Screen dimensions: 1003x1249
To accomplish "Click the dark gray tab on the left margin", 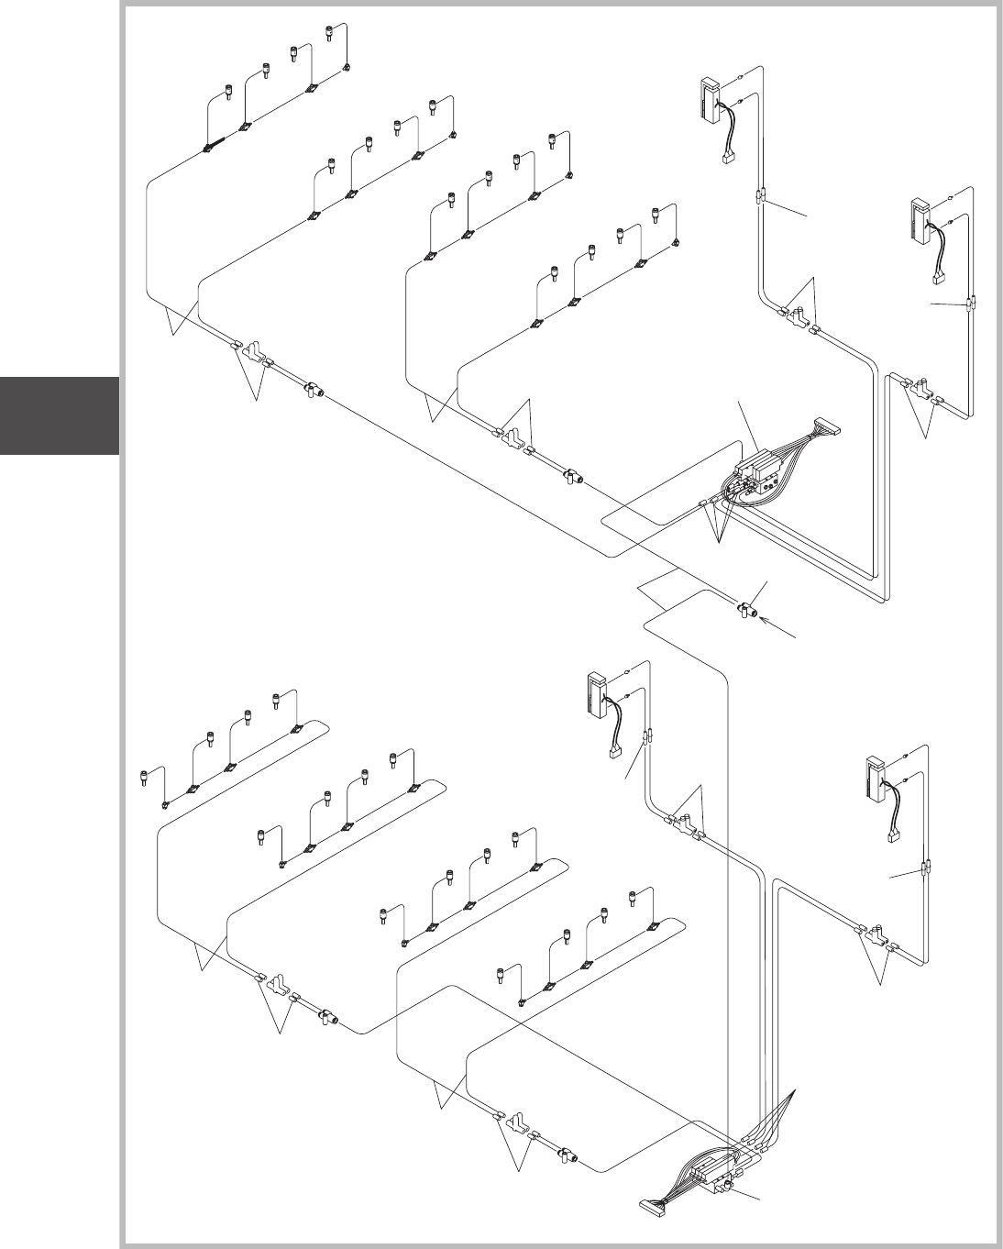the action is [x=60, y=415].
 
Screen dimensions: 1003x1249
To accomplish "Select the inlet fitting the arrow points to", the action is [x=746, y=609].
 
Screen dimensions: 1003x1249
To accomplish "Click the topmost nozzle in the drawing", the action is [x=329, y=32].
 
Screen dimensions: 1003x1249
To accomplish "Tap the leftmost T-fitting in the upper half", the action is [x=252, y=351].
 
